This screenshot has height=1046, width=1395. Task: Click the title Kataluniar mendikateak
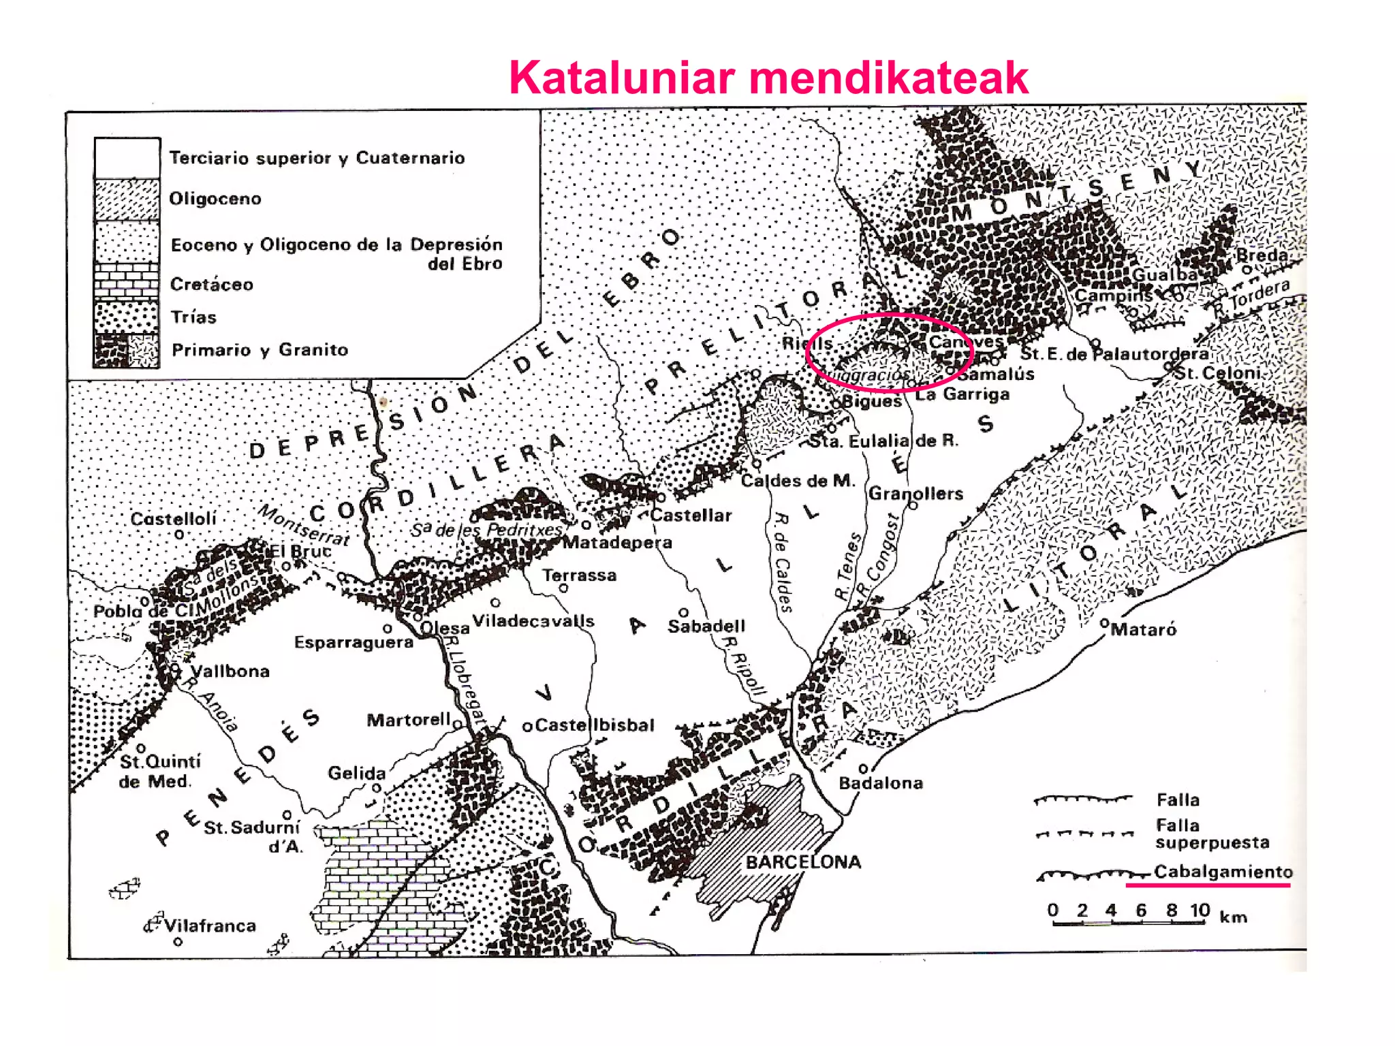(x=768, y=78)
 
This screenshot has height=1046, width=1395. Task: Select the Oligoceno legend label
(x=215, y=199)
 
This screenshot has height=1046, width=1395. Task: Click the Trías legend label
(x=193, y=317)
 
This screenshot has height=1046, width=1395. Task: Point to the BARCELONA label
(x=803, y=862)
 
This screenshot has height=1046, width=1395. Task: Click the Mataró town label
(x=1143, y=630)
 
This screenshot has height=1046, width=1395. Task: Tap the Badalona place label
(x=880, y=783)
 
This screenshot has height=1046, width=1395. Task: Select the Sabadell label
(x=706, y=627)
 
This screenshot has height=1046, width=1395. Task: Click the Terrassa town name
(x=580, y=575)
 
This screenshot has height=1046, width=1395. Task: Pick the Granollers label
(x=915, y=494)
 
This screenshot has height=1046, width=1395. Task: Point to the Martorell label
(x=409, y=720)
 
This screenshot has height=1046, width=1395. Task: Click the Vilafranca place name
(x=210, y=926)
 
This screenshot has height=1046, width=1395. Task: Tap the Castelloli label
(x=174, y=519)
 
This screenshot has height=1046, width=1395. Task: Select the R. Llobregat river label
(x=466, y=681)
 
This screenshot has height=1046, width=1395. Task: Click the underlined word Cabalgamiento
(x=1223, y=872)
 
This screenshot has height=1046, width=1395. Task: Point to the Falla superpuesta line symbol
(x=1083, y=834)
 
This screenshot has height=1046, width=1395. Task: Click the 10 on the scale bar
(x=1200, y=910)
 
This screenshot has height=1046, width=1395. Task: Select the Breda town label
(x=1261, y=255)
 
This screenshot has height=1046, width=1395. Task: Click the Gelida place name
(x=357, y=773)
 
